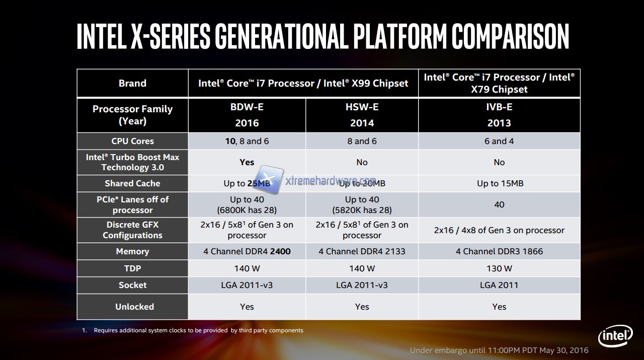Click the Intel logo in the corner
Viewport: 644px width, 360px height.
(x=615, y=336)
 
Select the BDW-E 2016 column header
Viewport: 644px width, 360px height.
(x=247, y=115)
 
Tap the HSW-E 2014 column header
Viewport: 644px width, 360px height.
(x=362, y=115)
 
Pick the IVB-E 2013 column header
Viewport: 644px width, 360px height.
(x=499, y=115)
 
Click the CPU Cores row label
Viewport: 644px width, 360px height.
(x=132, y=141)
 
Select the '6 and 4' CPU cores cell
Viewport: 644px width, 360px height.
(x=499, y=141)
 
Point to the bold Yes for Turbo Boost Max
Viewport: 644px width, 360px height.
(x=247, y=162)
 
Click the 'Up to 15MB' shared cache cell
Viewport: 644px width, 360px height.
(x=500, y=183)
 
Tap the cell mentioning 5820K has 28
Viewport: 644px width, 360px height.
(x=362, y=205)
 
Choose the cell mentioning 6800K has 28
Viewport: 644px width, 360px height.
(x=247, y=205)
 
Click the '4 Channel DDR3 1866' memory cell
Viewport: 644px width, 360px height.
(x=499, y=251)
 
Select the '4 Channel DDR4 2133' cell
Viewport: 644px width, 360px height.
(x=362, y=251)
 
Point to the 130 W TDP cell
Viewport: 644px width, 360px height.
(x=499, y=268)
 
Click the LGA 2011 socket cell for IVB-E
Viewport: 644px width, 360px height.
(x=499, y=285)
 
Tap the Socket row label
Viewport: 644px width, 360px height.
(x=132, y=285)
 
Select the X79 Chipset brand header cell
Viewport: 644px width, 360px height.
(x=499, y=83)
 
